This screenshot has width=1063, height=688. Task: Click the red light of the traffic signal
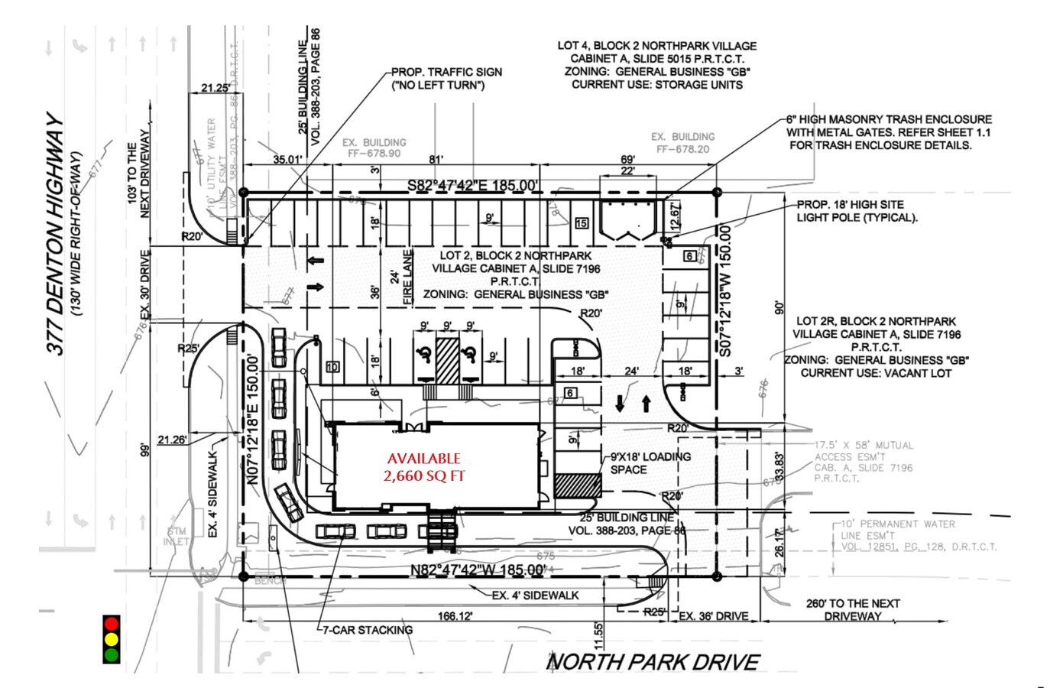112,623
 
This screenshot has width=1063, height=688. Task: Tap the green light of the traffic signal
112,654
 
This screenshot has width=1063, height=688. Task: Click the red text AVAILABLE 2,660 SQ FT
423,467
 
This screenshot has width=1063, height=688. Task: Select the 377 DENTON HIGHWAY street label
56,235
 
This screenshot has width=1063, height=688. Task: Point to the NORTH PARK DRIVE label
654,662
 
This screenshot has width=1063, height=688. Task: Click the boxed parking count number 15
582,223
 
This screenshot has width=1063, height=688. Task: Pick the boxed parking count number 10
332,367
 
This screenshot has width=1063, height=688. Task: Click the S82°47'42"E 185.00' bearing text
472,185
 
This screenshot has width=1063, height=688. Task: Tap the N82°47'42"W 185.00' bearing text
477,570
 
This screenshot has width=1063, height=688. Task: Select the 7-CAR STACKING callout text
368,630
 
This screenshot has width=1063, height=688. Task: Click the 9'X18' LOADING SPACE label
650,462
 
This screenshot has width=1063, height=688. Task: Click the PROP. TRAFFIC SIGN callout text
446,78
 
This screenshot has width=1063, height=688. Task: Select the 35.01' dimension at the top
288,160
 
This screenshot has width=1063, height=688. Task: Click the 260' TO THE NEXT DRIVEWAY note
853,609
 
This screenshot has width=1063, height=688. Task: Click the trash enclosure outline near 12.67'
627,220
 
